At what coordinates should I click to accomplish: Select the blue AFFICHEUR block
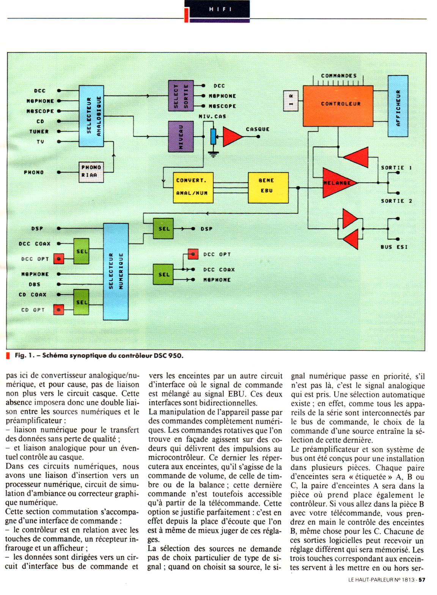(398, 106)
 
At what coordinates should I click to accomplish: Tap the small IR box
(291, 101)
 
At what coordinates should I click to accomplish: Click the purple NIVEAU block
(181, 137)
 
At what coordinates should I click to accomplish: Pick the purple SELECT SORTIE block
(181, 96)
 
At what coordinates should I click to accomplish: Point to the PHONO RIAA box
(91, 172)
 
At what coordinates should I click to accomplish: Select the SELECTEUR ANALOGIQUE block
(91, 116)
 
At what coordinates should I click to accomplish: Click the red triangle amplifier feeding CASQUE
(232, 137)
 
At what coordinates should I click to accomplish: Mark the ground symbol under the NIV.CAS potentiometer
(214, 154)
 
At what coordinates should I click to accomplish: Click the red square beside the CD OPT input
(58, 310)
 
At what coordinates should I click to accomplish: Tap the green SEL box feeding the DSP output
(164, 229)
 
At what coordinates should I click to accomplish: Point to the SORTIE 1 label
(396, 168)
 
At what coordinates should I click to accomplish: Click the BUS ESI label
(394, 247)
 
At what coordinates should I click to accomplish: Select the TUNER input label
(39, 132)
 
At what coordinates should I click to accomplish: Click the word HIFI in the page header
(220, 9)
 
